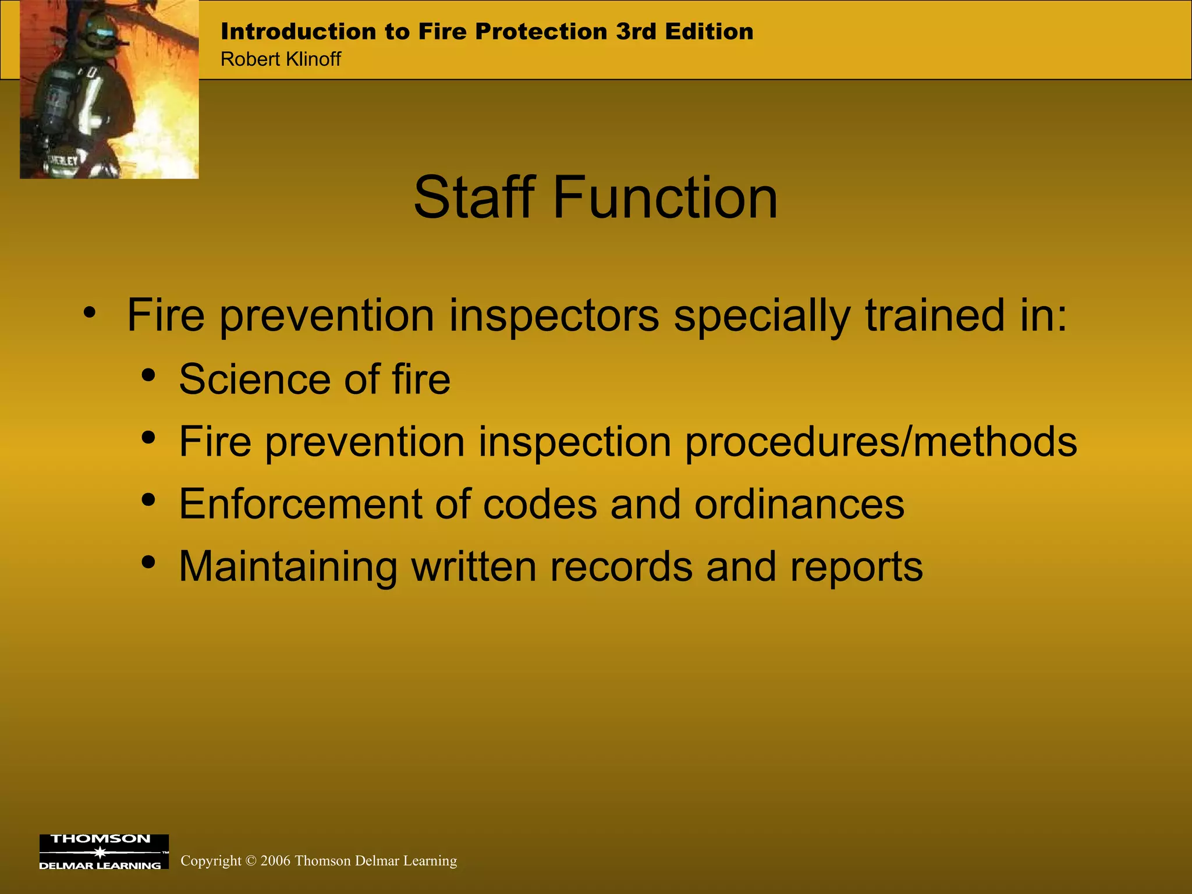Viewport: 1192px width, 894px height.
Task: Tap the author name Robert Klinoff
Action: coord(281,59)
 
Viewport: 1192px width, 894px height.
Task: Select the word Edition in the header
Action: coord(709,31)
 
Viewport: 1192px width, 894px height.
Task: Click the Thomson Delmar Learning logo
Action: coord(104,852)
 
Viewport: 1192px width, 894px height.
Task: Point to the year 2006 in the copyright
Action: coord(275,861)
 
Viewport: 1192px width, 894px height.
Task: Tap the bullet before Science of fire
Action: coord(148,375)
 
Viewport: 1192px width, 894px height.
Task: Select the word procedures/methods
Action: coord(881,442)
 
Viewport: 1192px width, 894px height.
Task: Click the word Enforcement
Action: coord(300,504)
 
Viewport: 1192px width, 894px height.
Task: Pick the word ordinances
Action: coord(799,504)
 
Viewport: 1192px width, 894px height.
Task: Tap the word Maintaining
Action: coord(288,566)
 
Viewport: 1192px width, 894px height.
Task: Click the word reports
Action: coord(856,567)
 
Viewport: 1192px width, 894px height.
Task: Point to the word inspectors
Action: coord(554,316)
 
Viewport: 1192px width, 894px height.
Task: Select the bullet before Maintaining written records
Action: coord(148,562)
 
